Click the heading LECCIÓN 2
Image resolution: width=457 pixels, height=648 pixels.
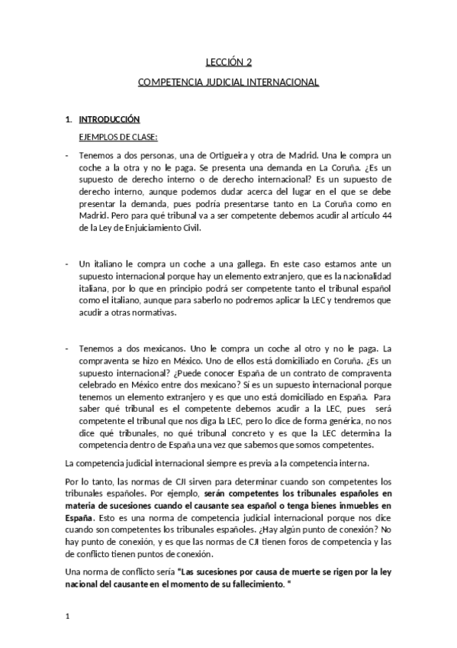[x=229, y=64]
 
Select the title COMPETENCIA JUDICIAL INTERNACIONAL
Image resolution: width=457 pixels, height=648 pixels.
[x=228, y=81]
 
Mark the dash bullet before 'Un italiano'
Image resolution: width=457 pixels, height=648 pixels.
[x=67, y=261]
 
